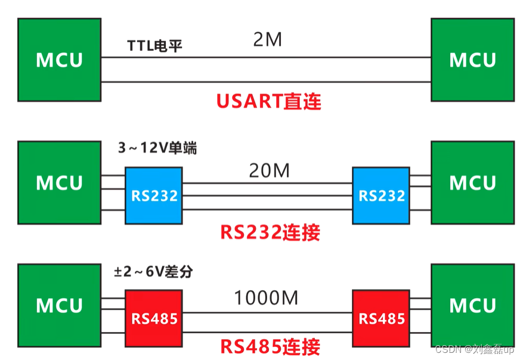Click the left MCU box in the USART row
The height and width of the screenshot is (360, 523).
tap(59, 60)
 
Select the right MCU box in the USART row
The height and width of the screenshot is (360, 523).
tap(472, 60)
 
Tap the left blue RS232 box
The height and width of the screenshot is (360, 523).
tap(153, 195)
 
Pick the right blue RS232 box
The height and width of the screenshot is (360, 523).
tap(381, 195)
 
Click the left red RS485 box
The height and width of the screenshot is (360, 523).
tap(153, 318)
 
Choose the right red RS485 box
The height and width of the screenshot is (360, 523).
tap(381, 318)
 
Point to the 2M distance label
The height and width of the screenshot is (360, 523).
tap(267, 41)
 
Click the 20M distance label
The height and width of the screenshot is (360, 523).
tap(270, 172)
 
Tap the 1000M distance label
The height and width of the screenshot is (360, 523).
tap(266, 296)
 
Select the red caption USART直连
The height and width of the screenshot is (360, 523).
tap(268, 101)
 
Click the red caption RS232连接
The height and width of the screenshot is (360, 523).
tap(270, 231)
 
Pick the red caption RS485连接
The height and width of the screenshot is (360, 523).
tap(270, 346)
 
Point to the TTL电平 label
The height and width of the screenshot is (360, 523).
tap(154, 46)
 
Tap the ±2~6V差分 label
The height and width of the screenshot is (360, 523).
tap(153, 272)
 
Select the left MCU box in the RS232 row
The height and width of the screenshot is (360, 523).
tap(59, 182)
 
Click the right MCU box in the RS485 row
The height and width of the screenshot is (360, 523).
tap(472, 305)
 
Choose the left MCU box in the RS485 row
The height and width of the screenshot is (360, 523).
tap(59, 305)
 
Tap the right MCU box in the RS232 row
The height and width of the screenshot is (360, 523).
tap(472, 182)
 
